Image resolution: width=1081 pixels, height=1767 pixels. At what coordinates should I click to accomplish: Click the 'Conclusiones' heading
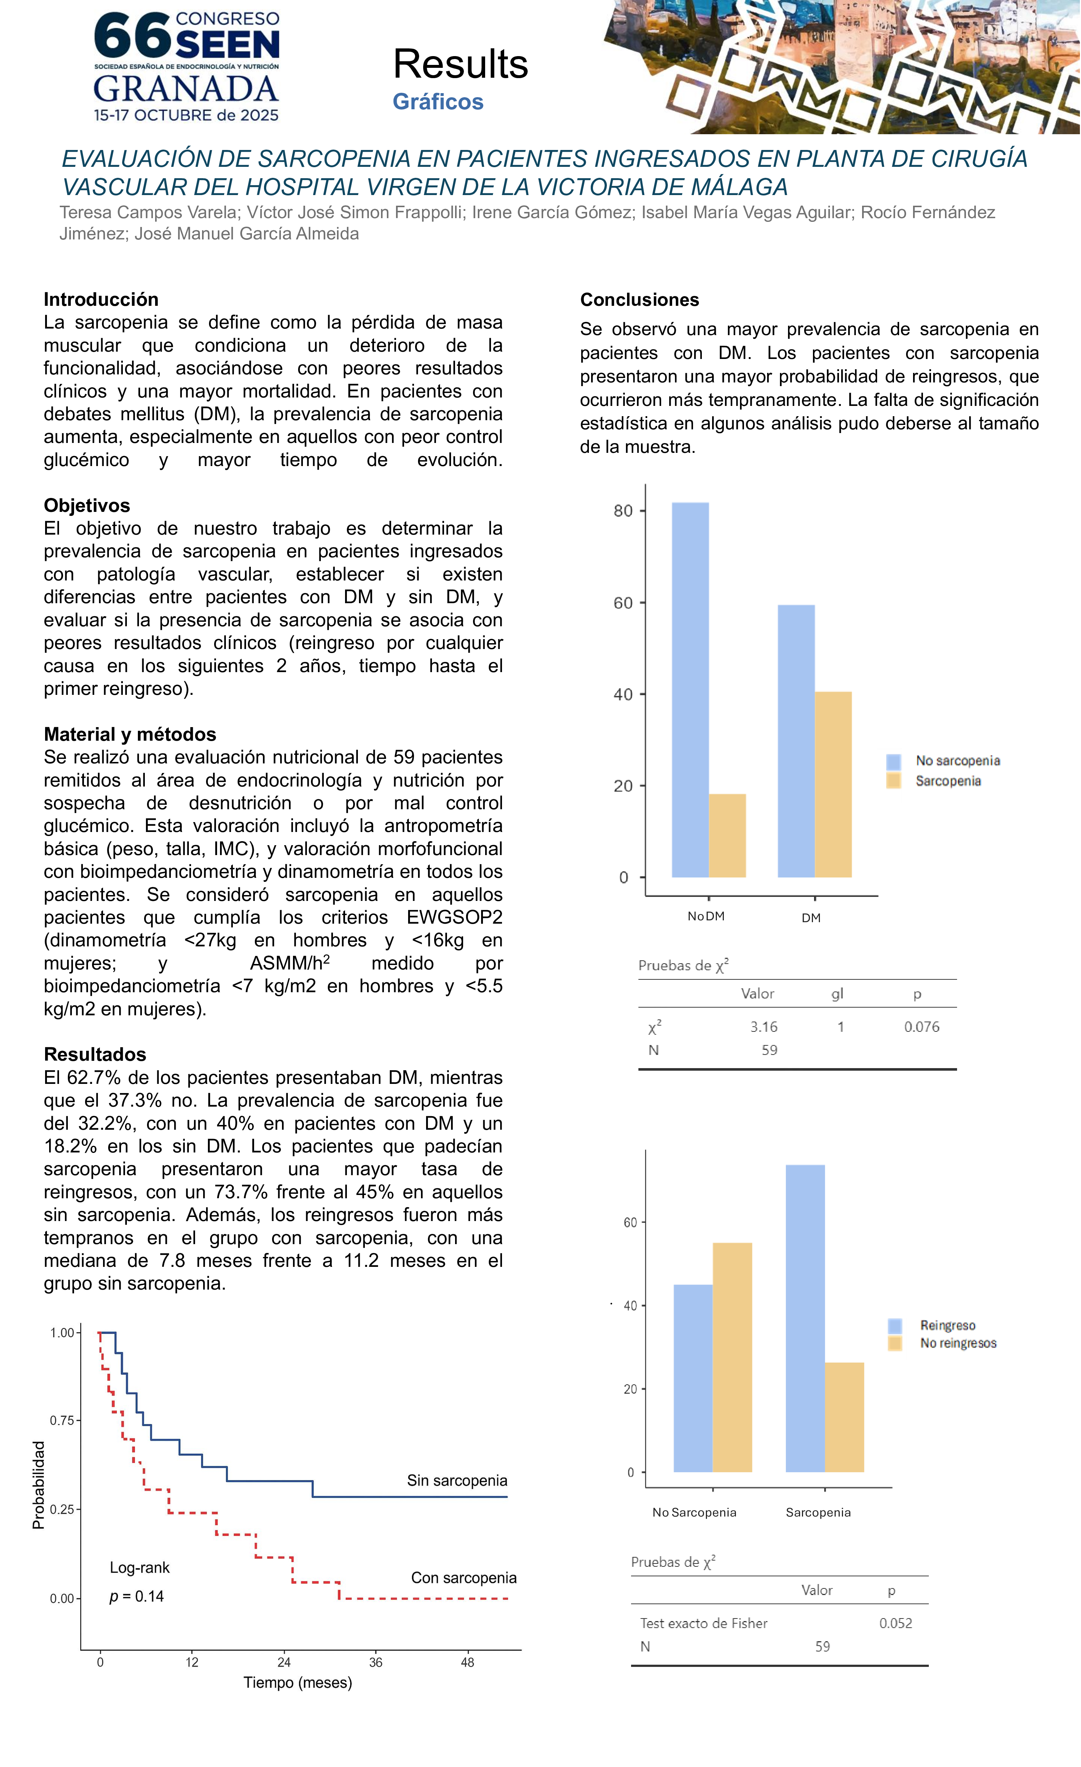639,300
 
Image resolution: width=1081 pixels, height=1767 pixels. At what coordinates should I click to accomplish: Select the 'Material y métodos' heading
130,734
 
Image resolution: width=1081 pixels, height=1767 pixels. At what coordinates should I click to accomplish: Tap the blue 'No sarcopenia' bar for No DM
690,689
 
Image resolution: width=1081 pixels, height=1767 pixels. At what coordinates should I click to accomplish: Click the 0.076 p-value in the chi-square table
921,1027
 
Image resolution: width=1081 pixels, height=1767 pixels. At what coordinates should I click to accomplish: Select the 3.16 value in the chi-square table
763,1027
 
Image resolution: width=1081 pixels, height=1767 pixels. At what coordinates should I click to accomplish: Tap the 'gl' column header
837,993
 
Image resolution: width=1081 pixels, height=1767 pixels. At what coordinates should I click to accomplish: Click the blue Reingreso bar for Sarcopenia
805,1318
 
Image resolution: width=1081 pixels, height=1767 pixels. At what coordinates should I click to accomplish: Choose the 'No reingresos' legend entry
958,1343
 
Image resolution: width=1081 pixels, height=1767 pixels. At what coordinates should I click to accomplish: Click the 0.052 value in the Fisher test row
895,1624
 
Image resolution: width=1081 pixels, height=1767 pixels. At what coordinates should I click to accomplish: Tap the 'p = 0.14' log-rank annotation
136,1596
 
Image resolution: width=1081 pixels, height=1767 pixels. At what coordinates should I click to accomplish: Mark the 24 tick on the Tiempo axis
284,1662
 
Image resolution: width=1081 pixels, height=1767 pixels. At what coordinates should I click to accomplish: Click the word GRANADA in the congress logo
186,89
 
